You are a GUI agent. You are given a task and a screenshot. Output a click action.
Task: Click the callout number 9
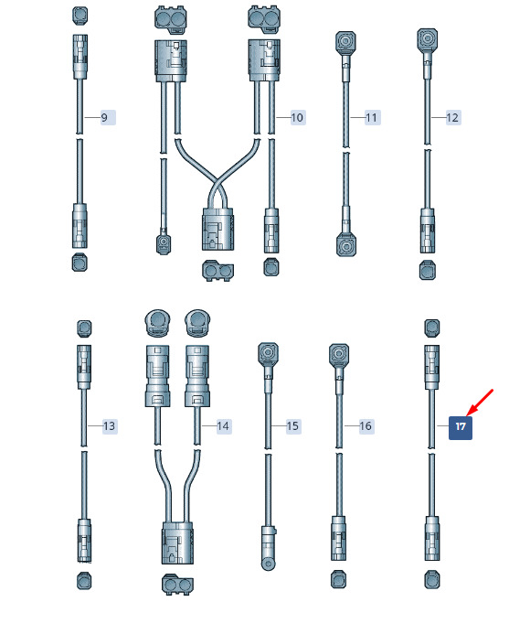click(104, 118)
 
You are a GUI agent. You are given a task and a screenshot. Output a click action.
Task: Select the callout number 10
click(297, 118)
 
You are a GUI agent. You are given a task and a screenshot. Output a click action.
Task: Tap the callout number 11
click(371, 118)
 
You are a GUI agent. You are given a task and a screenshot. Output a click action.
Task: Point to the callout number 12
click(452, 118)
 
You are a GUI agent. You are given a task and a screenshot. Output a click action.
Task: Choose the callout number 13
click(109, 425)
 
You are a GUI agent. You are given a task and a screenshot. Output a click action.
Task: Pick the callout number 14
click(223, 425)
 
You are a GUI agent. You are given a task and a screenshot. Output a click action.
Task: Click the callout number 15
click(292, 425)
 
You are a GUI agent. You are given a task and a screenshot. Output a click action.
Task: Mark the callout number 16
click(366, 425)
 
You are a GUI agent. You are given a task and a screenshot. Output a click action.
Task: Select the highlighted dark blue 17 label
click(461, 427)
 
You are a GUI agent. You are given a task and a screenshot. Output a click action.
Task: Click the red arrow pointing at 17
click(480, 403)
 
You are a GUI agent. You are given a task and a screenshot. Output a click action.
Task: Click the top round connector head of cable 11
click(346, 42)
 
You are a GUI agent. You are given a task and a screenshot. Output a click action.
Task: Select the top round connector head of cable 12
click(428, 39)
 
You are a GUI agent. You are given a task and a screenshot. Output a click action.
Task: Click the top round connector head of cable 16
click(339, 355)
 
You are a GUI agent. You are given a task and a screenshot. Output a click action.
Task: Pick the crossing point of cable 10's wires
click(217, 183)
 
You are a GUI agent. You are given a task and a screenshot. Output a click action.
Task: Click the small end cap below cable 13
click(84, 581)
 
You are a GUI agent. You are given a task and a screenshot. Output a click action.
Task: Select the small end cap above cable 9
click(80, 16)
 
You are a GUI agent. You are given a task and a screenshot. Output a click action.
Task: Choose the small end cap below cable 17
click(432, 580)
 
